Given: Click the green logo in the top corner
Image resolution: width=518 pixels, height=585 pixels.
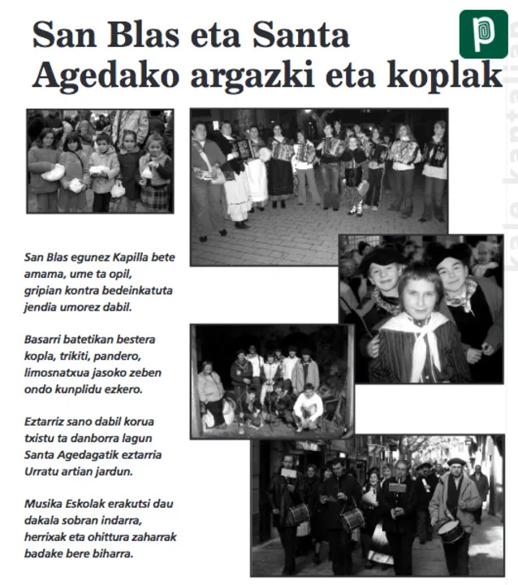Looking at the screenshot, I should (x=483, y=34).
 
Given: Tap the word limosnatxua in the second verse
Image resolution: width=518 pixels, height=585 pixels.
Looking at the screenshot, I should (x=59, y=372).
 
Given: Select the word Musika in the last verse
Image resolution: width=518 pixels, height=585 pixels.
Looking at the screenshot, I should (x=45, y=504).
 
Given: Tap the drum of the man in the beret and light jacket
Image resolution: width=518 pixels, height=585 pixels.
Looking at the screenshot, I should (x=451, y=531).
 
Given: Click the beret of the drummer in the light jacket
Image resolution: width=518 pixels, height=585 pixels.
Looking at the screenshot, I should (x=457, y=461).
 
